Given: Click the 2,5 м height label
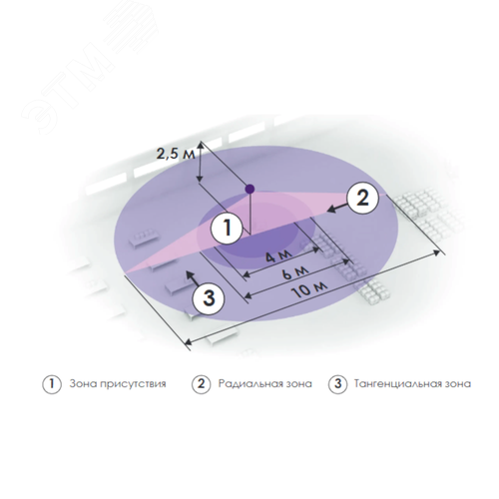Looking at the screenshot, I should pyautogui.click(x=172, y=154).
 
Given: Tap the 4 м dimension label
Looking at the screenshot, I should pyautogui.click(x=258, y=258).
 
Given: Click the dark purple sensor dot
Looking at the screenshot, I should pyautogui.click(x=249, y=188).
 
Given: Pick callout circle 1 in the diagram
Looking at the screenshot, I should pyautogui.click(x=229, y=229).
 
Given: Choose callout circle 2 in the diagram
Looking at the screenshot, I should pyautogui.click(x=363, y=196).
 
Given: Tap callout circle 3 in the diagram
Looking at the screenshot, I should pyautogui.click(x=206, y=296).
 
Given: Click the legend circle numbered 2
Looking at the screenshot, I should pyautogui.click(x=200, y=383).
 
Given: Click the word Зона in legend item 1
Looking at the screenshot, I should pyautogui.click(x=83, y=383).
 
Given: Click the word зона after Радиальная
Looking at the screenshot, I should pyautogui.click(x=298, y=383).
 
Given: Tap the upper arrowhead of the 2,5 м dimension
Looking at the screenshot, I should pyautogui.click(x=203, y=144).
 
